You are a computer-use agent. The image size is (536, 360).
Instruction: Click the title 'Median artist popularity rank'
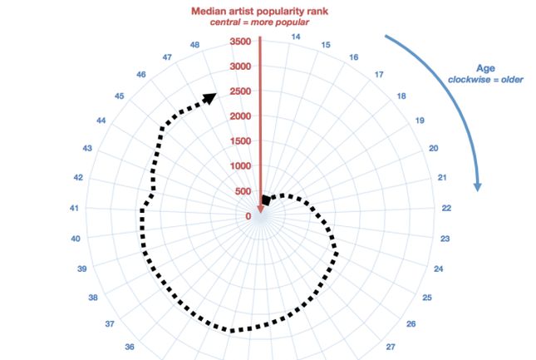pos(260,11)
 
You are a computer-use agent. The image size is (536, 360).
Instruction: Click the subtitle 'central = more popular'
pos(260,22)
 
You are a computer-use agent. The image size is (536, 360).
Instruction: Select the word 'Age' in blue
pos(486,68)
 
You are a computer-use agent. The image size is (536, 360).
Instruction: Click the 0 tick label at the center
pos(248,217)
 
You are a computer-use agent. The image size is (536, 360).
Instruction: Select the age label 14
pos(296,37)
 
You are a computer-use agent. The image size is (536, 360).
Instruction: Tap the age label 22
pos(445,208)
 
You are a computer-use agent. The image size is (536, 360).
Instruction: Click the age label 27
pos(391,347)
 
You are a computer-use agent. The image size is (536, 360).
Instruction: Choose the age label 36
pos(130,347)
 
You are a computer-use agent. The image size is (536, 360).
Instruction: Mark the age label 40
pos(76,239)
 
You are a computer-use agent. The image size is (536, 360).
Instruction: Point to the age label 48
pos(194,45)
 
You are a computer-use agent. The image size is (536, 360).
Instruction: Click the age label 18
pos(401,96)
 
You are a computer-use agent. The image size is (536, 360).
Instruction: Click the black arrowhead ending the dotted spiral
pos(209,98)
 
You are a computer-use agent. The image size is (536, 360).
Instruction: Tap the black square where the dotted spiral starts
pos(266,200)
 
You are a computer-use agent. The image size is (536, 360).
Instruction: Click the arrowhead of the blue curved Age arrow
pos(477,185)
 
